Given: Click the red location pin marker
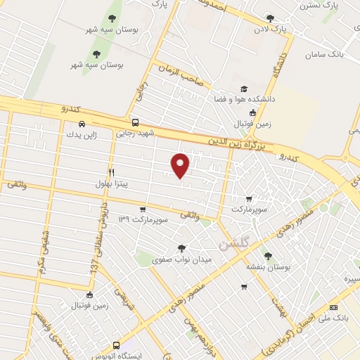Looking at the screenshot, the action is coord(181,165).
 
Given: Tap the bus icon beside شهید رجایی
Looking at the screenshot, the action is coord(136,121).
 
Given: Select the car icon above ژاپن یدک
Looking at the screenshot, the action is coord(83,124).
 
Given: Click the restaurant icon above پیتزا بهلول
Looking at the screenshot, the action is coord(111,172).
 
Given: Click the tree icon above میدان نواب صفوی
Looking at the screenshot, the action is coord(183,247).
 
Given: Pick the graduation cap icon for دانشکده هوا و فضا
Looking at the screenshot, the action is coord(244,89).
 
